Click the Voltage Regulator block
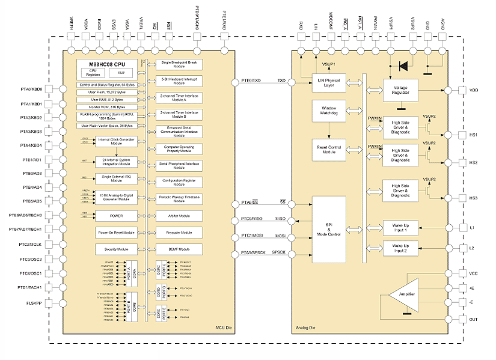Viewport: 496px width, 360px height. tap(400, 90)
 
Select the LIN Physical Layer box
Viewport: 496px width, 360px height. tap(328, 82)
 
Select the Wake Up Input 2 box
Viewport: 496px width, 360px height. tap(400, 248)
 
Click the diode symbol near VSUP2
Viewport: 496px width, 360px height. tap(403, 65)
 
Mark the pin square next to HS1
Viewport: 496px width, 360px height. tap(462, 135)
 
